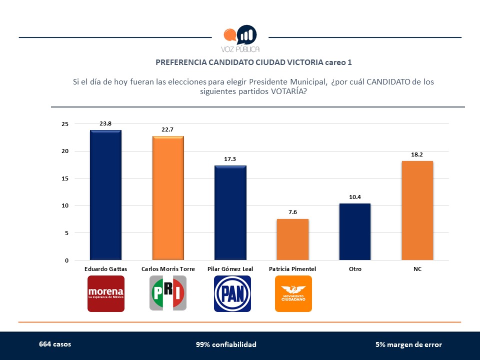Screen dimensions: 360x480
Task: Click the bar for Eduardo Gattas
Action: pos(105,195)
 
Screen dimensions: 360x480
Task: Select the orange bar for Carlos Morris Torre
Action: pos(168,198)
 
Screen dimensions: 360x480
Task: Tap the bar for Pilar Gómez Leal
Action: pos(230,212)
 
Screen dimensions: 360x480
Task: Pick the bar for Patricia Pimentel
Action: pos(292,239)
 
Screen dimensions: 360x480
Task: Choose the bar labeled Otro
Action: pos(355,231)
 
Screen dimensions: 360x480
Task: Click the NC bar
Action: pos(417,210)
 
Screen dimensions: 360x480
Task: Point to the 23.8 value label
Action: pos(105,123)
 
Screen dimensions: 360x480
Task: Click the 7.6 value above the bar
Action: pos(292,212)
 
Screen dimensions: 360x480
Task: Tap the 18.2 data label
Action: pos(417,154)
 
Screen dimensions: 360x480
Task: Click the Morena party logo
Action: pos(105,293)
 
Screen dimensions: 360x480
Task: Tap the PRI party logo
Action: pos(168,293)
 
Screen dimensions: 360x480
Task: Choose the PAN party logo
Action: pos(232,293)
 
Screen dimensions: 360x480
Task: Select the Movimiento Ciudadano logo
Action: pos(293,293)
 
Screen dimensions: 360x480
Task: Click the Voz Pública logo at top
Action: pos(240,38)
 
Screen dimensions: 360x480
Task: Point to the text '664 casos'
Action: pos(55,344)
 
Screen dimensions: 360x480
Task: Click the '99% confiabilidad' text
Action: pos(226,344)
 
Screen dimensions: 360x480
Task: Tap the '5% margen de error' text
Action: pos(408,344)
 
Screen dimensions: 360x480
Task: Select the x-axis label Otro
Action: pos(355,269)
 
